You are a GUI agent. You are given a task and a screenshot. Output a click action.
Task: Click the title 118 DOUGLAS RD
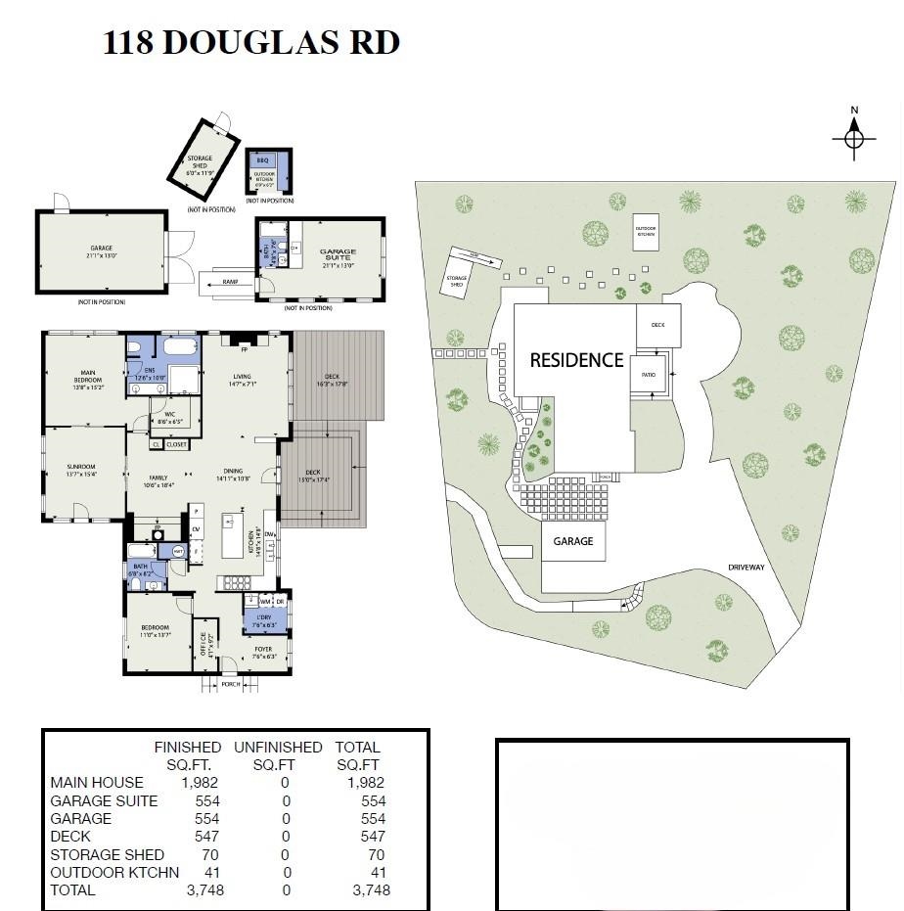pyautogui.click(x=251, y=43)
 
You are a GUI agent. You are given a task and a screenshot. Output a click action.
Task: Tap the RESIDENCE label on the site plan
pyautogui.click(x=576, y=360)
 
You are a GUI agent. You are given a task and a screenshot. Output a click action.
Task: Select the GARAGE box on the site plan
pyautogui.click(x=573, y=541)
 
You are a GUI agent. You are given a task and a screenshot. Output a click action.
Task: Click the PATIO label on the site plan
pyautogui.click(x=648, y=375)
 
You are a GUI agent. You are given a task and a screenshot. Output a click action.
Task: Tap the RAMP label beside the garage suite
pyautogui.click(x=230, y=282)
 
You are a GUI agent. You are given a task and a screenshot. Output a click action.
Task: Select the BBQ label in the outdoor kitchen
pyautogui.click(x=262, y=159)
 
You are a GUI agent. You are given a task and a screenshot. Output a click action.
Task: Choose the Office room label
pyautogui.click(x=203, y=646)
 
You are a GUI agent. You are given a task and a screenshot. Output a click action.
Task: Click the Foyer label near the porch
pyautogui.click(x=263, y=651)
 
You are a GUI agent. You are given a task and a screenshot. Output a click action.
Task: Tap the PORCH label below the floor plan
pyautogui.click(x=231, y=684)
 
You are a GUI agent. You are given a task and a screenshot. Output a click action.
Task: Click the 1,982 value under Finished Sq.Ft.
pyautogui.click(x=200, y=782)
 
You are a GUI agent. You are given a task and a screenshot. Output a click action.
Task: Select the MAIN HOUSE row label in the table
pyautogui.click(x=96, y=782)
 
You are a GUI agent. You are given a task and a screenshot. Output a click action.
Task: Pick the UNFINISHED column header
pyautogui.click(x=278, y=747)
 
